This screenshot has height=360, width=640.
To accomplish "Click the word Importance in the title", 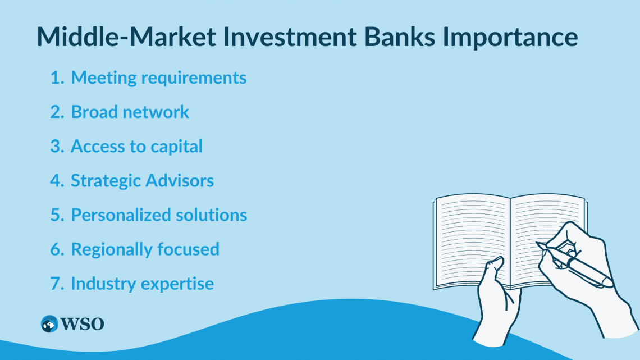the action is [510, 37].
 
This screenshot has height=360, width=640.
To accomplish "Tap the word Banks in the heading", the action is [400, 37].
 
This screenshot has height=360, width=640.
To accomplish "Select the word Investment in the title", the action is [290, 37].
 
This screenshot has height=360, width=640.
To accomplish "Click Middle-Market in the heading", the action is [126, 37].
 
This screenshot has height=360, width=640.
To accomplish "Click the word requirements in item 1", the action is [194, 79].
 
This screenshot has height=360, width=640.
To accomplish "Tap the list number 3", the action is [57, 146].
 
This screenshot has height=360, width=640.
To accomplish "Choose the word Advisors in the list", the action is [180, 180].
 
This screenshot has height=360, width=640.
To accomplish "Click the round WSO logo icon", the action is [49, 324].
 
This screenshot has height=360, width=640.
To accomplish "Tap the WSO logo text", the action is [83, 324].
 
